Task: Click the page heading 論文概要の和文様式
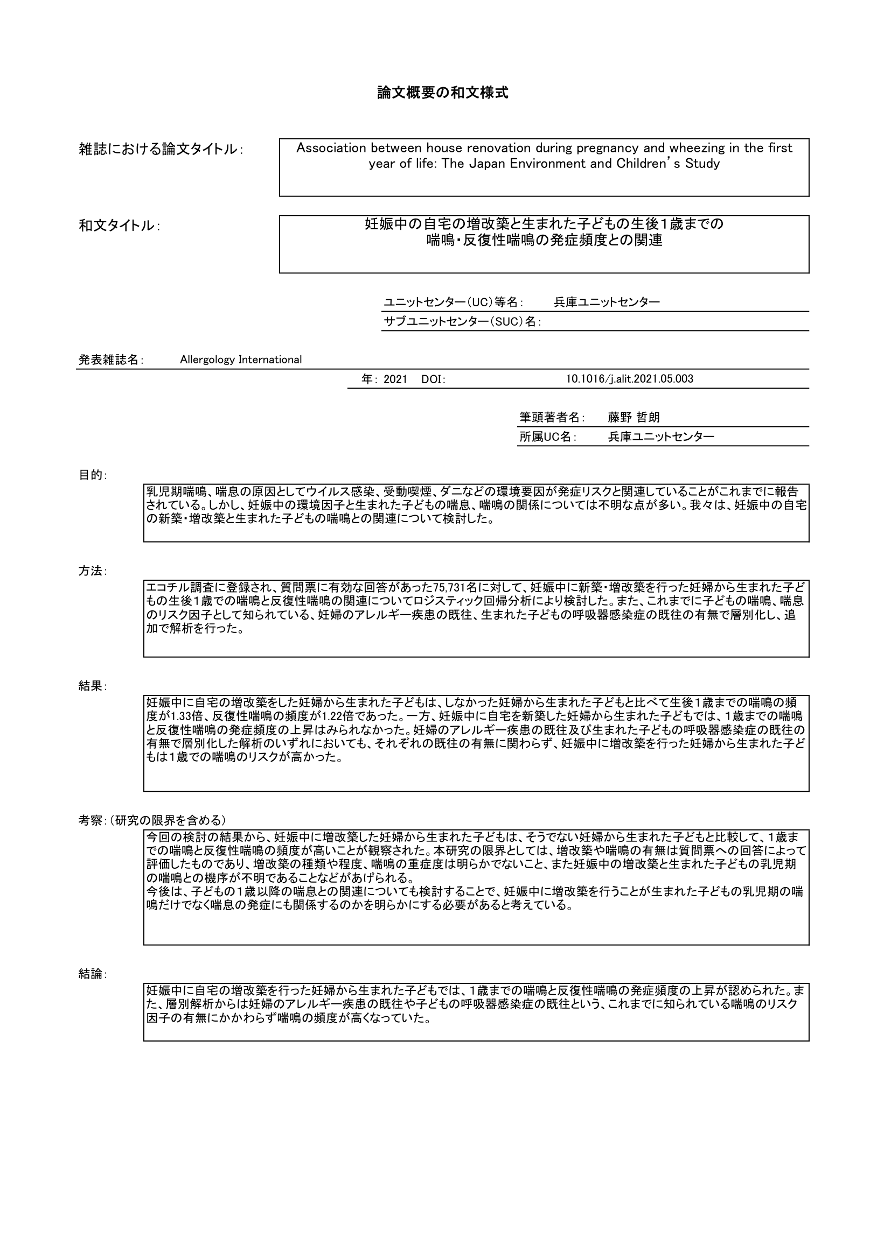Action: pyautogui.click(x=442, y=93)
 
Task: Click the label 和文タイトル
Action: pyautogui.click(x=117, y=226)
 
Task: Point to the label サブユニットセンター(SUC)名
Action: pyautogui.click(x=462, y=322)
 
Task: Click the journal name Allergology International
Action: pyautogui.click(x=241, y=360)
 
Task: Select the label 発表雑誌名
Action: pyautogui.click(x=109, y=360)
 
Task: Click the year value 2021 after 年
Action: pyautogui.click(x=395, y=379)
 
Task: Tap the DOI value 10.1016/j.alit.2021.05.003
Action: pyautogui.click(x=629, y=379)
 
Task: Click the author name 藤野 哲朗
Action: pyautogui.click(x=633, y=417)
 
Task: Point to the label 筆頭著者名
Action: pyautogui.click(x=551, y=417)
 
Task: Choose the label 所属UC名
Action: pyautogui.click(x=546, y=437)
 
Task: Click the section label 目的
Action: pyautogui.click(x=92, y=475)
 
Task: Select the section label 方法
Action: pyautogui.click(x=92, y=572)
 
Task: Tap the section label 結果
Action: pyautogui.click(x=92, y=686)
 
